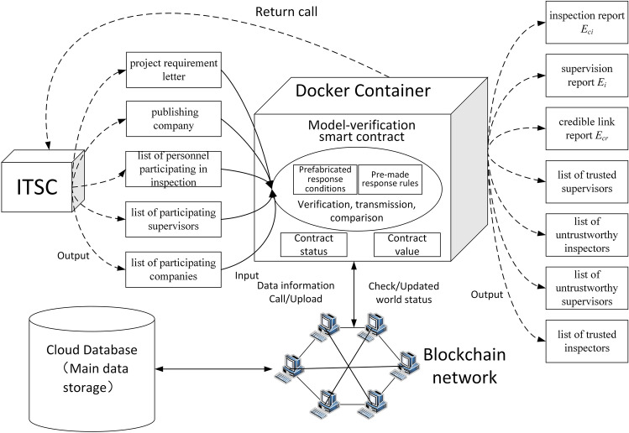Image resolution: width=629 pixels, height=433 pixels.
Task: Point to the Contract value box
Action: pos(406,246)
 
